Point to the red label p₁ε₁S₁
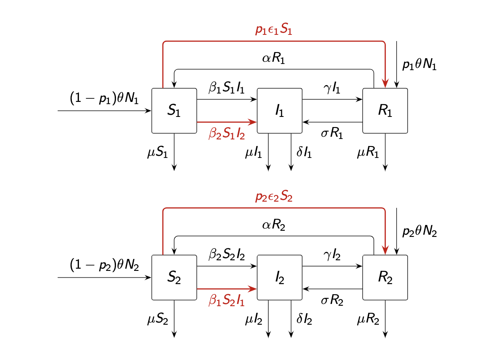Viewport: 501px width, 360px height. [274, 30]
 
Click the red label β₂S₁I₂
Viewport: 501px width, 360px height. [227, 133]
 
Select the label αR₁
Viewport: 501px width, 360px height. [273, 58]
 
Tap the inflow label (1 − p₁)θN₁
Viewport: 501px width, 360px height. [104, 97]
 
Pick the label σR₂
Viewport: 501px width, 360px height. [332, 300]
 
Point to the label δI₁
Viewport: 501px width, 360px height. [304, 152]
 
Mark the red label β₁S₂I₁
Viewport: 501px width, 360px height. [227, 300]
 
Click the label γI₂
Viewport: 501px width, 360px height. [332, 255]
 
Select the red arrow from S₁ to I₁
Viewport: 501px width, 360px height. [227, 122]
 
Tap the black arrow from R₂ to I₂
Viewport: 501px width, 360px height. [332, 289]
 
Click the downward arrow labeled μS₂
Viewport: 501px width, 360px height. [174, 319]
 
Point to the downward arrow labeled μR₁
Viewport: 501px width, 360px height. [385, 152]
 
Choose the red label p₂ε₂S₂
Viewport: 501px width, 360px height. [274, 196]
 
